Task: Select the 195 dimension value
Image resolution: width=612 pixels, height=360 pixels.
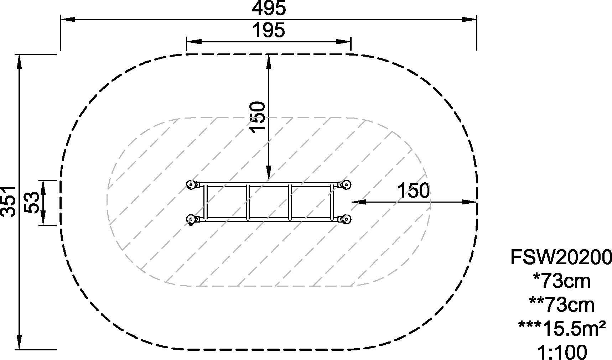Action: tap(269, 30)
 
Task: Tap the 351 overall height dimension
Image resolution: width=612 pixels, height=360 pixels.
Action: tap(9, 201)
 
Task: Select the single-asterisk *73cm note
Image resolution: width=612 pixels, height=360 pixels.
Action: tap(562, 281)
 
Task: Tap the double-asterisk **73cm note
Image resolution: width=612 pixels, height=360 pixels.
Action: tap(562, 305)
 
